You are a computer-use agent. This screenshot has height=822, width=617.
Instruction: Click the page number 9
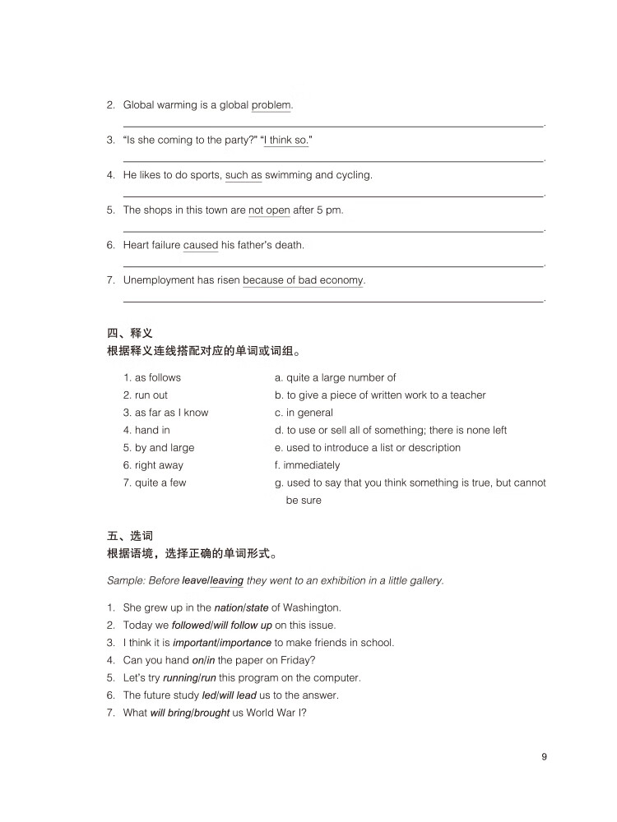(544, 757)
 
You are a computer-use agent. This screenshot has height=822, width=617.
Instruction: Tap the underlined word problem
(271, 105)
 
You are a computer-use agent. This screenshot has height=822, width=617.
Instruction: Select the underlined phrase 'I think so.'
(286, 141)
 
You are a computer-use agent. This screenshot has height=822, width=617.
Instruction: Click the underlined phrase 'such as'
(243, 175)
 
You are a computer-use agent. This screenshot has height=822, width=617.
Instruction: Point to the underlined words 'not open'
(269, 210)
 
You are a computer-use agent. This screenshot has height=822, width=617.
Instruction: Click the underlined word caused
(201, 245)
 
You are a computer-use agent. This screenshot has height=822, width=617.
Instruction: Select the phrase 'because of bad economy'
(303, 280)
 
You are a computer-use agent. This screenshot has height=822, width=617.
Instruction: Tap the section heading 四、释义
(130, 333)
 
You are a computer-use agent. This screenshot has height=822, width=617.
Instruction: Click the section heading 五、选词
(130, 536)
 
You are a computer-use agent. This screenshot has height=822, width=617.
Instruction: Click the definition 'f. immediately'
(307, 465)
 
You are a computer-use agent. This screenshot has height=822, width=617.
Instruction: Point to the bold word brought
(211, 713)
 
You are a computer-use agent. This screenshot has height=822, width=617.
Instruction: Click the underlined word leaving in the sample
(227, 580)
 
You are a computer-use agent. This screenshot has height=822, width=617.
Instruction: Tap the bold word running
(180, 678)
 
